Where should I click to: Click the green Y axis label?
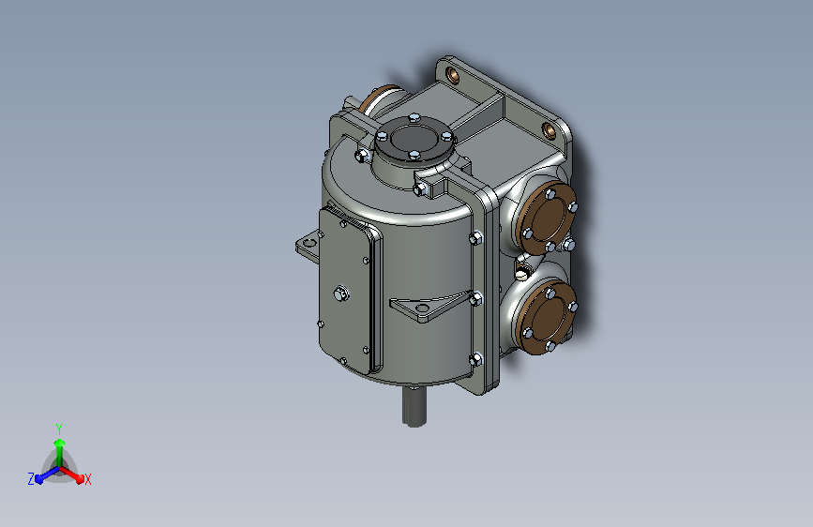tap(59, 429)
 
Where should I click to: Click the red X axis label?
tap(87, 479)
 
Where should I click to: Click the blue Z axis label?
tap(31, 479)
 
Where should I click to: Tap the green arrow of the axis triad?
tap(60, 451)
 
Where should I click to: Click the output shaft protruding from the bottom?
tap(414, 407)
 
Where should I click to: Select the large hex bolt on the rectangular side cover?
tap(340, 294)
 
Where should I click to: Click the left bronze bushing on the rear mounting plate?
tap(453, 75)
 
